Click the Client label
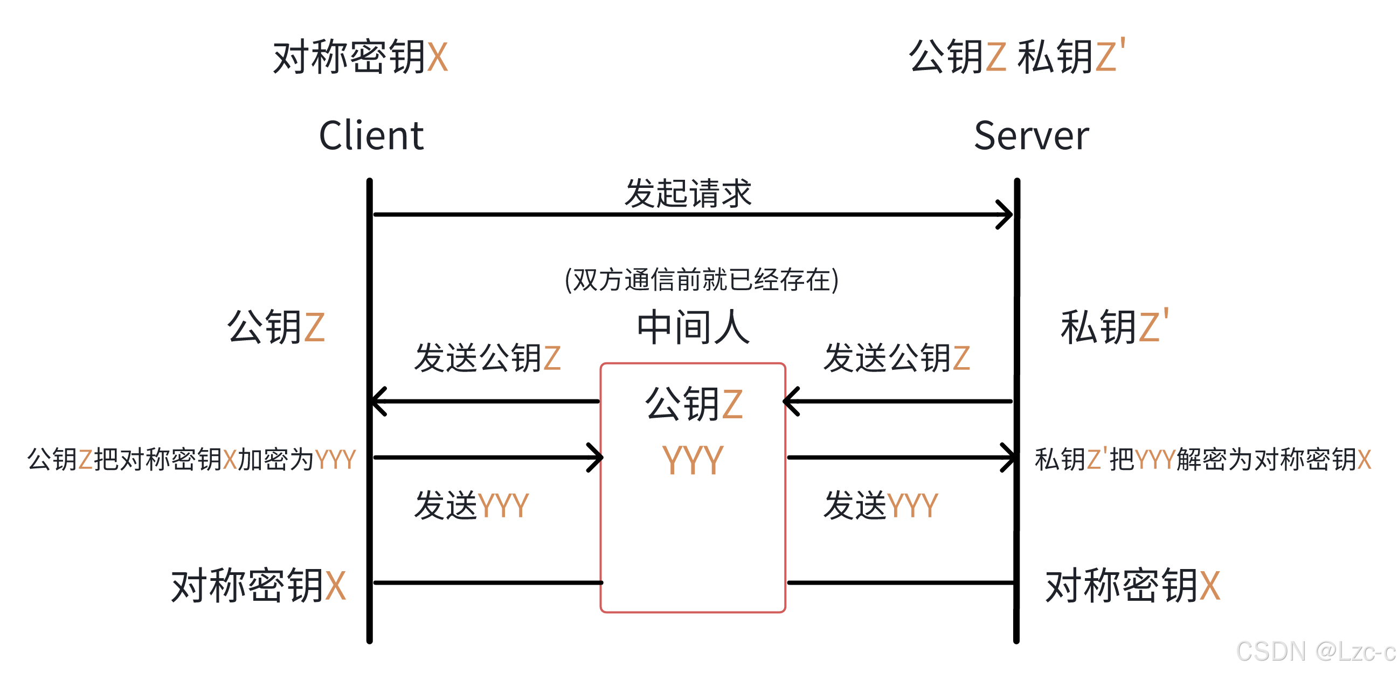click(x=371, y=136)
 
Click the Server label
click(x=1031, y=136)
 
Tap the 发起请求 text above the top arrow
click(x=688, y=193)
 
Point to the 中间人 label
click(x=693, y=327)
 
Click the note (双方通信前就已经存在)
click(x=701, y=280)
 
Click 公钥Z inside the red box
click(x=693, y=404)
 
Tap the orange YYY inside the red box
click(x=693, y=460)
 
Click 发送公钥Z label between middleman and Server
click(x=897, y=358)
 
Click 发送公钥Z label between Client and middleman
click(x=487, y=358)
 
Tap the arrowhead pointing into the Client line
click(x=378, y=401)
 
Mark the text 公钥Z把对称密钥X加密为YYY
click(x=191, y=460)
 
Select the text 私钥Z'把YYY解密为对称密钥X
click(x=1202, y=460)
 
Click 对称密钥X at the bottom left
click(x=258, y=586)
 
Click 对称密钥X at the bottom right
click(x=1133, y=586)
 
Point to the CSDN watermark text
click(x=1316, y=651)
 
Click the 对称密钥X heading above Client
click(x=361, y=57)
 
